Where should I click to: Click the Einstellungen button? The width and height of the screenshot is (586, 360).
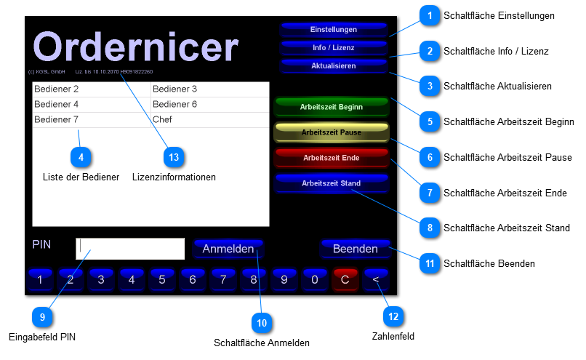pyautogui.click(x=333, y=30)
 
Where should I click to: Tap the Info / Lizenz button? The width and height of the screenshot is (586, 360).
pyautogui.click(x=333, y=48)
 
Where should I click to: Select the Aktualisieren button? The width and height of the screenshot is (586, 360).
pyautogui.click(x=333, y=66)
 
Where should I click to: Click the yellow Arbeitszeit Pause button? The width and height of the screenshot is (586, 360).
pyautogui.click(x=331, y=132)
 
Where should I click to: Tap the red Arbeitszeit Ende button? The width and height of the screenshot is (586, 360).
pyautogui.click(x=331, y=158)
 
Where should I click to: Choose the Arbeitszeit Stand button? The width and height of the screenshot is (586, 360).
pyautogui.click(x=331, y=183)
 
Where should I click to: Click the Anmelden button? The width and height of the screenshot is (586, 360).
pyautogui.click(x=228, y=249)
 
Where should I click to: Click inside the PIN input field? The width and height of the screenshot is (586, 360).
pyautogui.click(x=130, y=249)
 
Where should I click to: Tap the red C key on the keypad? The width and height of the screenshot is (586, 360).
pyautogui.click(x=345, y=279)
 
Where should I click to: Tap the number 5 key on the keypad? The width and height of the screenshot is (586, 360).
pyautogui.click(x=162, y=279)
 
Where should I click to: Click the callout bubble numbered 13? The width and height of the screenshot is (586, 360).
pyautogui.click(x=173, y=156)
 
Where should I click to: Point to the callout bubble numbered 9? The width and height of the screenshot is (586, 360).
pyautogui.click(x=43, y=316)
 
